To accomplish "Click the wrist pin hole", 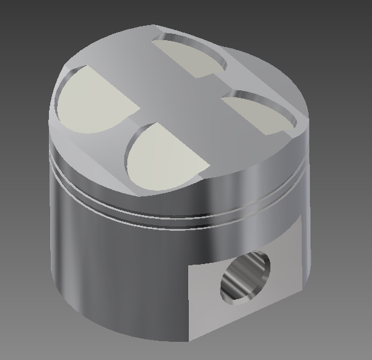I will click(245, 277).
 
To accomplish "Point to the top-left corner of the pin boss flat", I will click(189, 266).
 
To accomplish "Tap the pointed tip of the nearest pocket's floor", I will click(207, 166).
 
